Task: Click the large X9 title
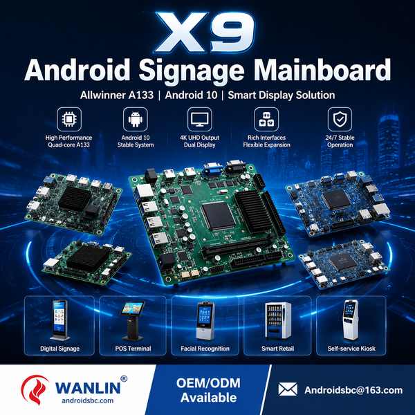(x=205, y=33)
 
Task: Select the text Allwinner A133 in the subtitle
(x=117, y=95)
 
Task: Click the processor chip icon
(x=69, y=119)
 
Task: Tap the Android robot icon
(x=136, y=119)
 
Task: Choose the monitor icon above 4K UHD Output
(x=200, y=119)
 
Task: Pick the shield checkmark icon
(x=340, y=119)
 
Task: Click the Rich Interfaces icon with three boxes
(x=266, y=119)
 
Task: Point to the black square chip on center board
(x=219, y=216)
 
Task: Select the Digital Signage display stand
(x=59, y=320)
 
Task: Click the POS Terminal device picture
(x=133, y=321)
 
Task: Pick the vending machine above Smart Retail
(x=278, y=320)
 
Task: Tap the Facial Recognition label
(x=205, y=349)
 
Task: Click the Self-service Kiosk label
(x=351, y=349)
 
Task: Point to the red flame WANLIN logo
(x=35, y=389)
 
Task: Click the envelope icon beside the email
(x=288, y=389)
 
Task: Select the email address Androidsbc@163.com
(x=353, y=390)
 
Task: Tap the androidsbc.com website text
(x=88, y=400)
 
